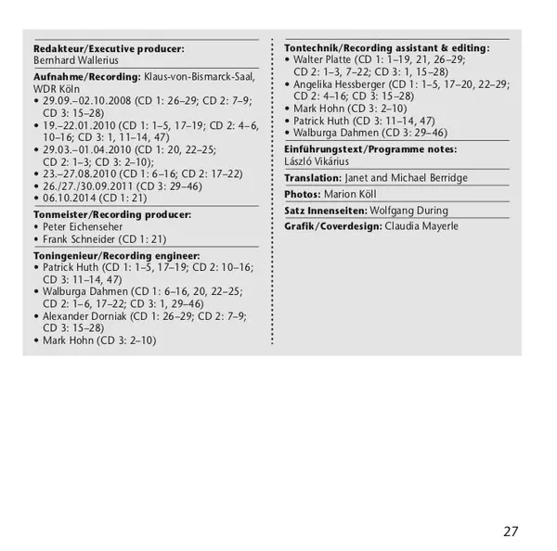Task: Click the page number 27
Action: click(510, 531)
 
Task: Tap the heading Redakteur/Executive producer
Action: click(108, 47)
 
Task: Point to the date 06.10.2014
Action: click(67, 199)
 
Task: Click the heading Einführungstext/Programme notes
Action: click(369, 148)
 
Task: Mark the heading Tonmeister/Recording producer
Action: click(111, 213)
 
